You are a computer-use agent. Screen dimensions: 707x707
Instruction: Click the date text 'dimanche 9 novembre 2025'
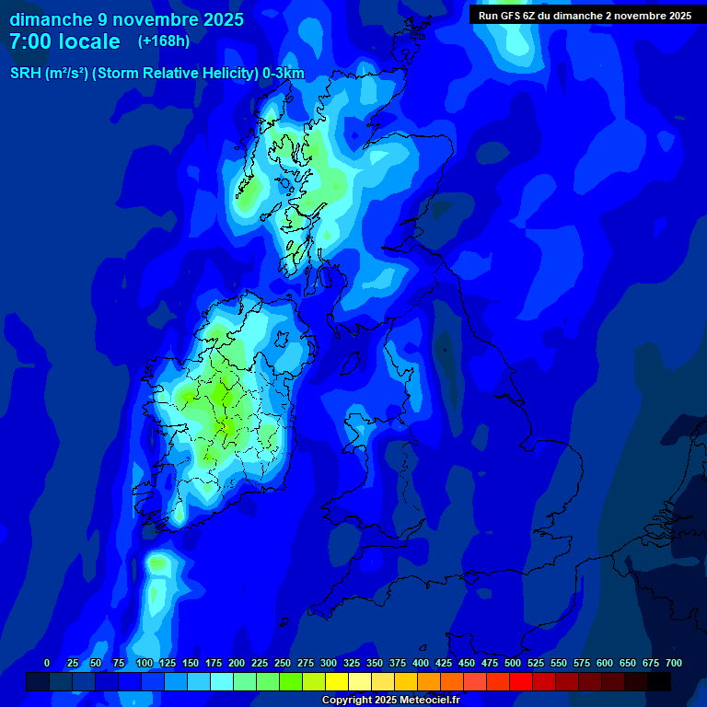pos(126,19)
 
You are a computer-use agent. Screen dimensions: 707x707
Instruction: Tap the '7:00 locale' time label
pos(64,41)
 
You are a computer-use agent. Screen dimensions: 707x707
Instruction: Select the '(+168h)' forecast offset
pos(164,41)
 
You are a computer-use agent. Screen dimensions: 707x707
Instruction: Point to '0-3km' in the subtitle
pos(284,74)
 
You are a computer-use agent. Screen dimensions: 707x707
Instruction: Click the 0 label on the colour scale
pos(47,663)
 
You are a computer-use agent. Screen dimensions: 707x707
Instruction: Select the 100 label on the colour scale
pos(145,663)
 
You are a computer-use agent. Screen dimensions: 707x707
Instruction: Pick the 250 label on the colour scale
pos(283,663)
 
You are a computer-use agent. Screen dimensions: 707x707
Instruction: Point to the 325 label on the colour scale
pos(352,663)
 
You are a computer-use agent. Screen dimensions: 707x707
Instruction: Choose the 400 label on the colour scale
pos(421,663)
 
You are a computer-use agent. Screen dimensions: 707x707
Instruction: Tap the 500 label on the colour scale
pos(513,663)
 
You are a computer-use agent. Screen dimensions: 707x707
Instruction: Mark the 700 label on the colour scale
pos(674,663)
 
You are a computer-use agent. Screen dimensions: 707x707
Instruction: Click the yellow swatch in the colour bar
pos(337,681)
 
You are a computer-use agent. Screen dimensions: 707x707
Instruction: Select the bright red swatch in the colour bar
pos(521,681)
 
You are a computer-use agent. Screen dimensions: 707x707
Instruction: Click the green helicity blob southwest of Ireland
pos(159,562)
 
